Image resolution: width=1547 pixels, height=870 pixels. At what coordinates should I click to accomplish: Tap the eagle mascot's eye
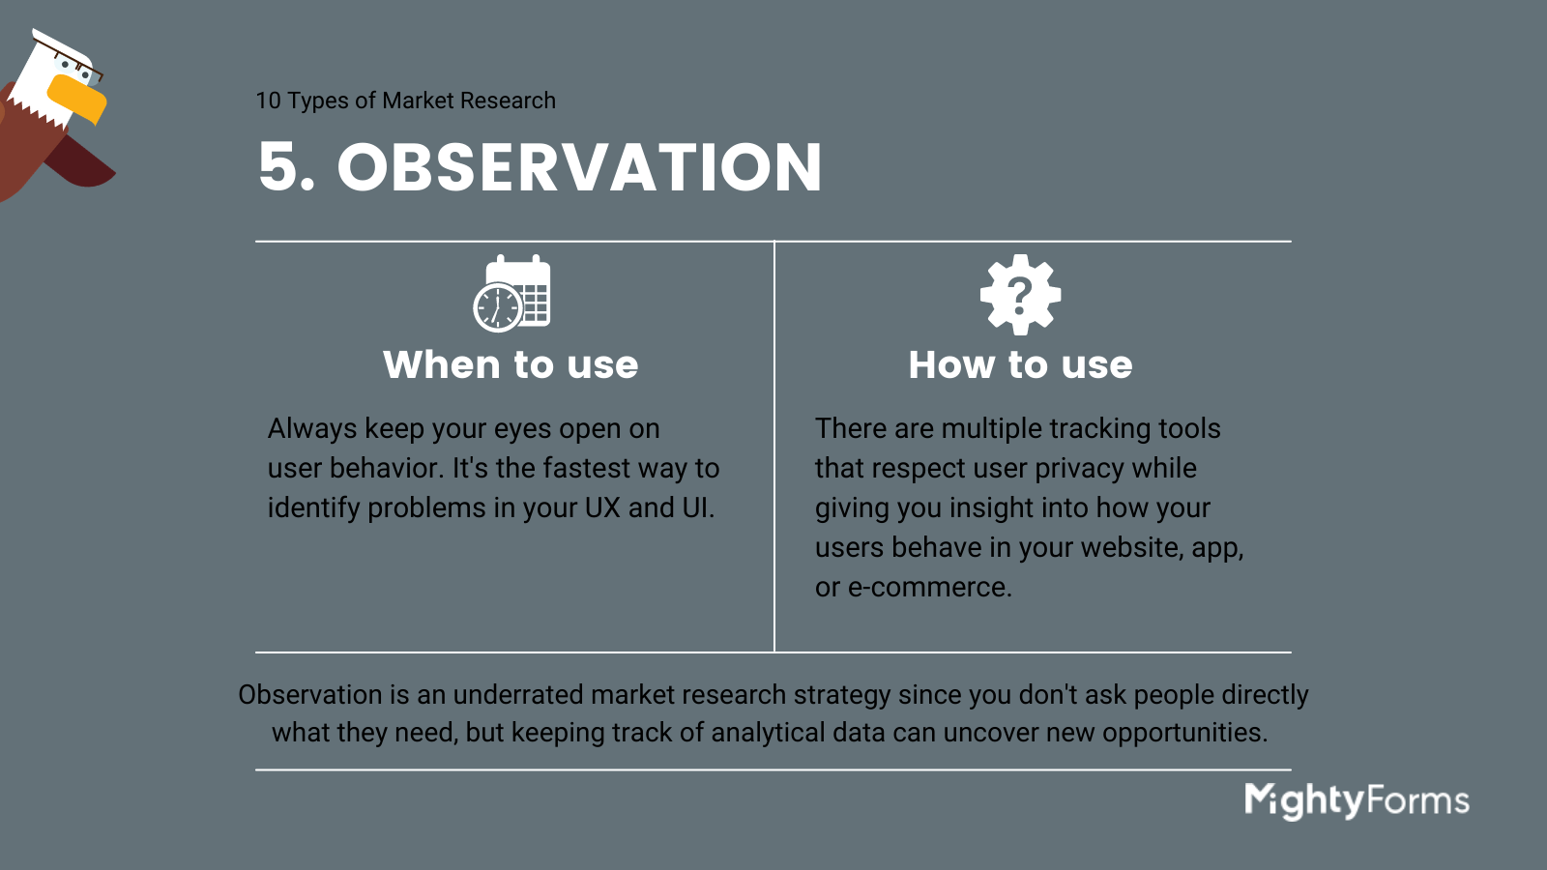tap(67, 65)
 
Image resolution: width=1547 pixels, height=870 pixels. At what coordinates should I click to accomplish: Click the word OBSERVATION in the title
tap(579, 167)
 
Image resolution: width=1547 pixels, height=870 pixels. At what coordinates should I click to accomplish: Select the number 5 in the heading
tap(277, 167)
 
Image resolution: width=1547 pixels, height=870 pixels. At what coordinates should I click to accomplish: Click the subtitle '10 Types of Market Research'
tap(405, 101)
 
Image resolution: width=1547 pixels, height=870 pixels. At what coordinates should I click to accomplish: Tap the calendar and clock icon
tap(511, 294)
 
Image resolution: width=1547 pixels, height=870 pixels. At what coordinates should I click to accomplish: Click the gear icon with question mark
tap(1020, 295)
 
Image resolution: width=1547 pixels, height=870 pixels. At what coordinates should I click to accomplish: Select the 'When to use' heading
tap(511, 364)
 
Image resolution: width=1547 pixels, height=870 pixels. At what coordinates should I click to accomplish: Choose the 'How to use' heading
tap(1021, 364)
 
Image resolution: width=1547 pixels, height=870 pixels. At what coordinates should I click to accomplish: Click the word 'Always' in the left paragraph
tap(312, 429)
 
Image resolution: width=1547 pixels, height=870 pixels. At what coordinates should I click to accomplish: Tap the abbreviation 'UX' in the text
tap(602, 507)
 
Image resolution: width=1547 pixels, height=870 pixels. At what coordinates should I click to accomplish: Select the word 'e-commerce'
tap(929, 588)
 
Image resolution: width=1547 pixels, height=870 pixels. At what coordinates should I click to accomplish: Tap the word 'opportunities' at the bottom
tap(1184, 734)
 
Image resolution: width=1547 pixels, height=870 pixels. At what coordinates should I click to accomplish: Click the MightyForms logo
tap(1357, 801)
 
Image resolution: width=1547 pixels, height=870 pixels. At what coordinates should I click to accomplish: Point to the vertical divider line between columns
tap(774, 446)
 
